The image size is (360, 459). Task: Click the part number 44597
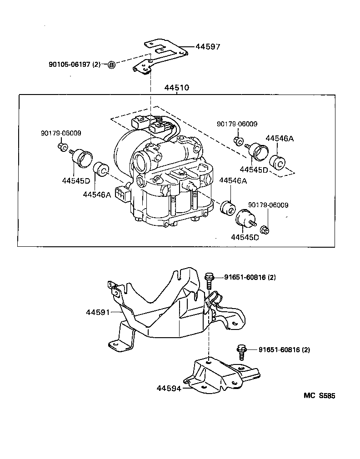tap(209, 46)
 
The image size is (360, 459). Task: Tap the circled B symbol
tap(112, 65)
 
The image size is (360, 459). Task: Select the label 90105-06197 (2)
tap(74, 65)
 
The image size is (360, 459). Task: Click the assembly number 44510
tap(177, 88)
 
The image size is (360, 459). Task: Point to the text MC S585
tap(319, 396)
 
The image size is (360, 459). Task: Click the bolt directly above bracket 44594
tap(240, 352)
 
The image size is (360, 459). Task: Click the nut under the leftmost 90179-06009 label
tap(63, 146)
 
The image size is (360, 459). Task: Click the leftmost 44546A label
tap(97, 195)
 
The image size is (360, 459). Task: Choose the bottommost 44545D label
tap(245, 237)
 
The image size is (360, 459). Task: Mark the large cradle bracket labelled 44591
tap(164, 314)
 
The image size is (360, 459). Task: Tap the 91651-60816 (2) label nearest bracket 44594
tap(284, 349)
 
